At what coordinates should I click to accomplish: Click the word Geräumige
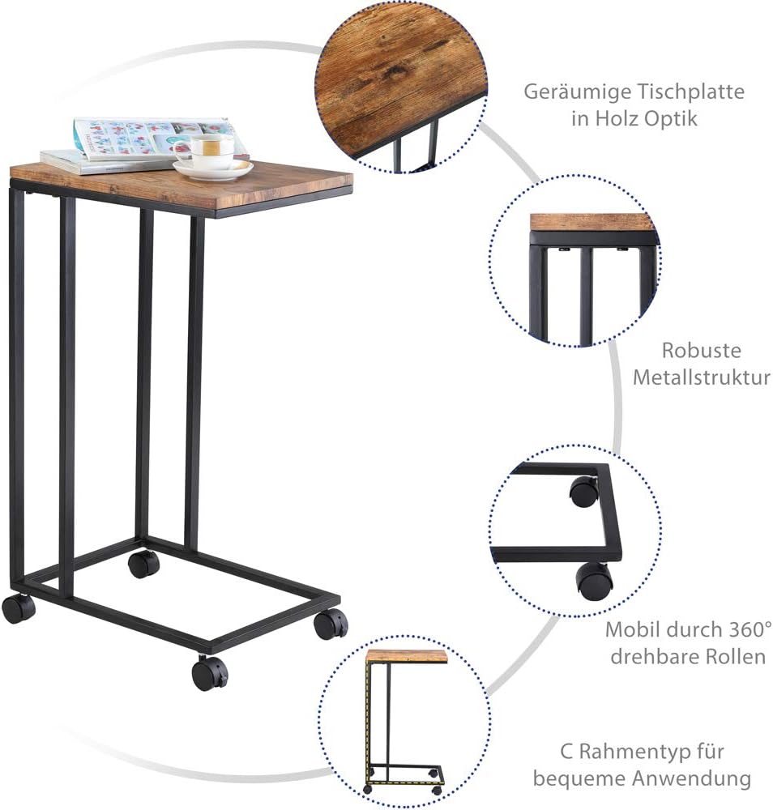(577, 92)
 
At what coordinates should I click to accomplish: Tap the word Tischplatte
(691, 92)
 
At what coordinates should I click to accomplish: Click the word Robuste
(701, 351)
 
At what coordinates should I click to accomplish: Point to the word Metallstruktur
(701, 377)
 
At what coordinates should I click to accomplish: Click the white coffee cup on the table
(205, 152)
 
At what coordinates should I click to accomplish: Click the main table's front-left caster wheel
(18, 608)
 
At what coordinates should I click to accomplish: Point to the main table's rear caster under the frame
(143, 564)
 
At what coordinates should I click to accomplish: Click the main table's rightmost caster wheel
(331, 624)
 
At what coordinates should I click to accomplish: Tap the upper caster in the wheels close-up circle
(583, 492)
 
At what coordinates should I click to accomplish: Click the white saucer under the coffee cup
(213, 169)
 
